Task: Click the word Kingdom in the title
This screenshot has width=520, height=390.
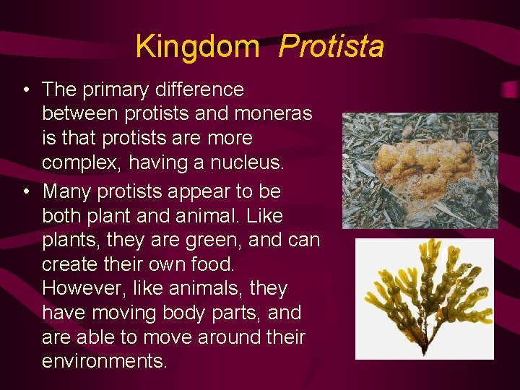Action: (x=196, y=47)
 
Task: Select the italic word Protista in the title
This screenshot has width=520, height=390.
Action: (x=331, y=47)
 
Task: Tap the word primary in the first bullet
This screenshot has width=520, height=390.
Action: (x=117, y=90)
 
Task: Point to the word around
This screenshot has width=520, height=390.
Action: (x=230, y=337)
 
